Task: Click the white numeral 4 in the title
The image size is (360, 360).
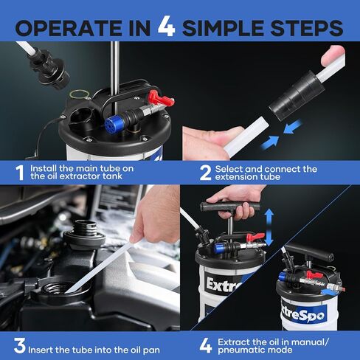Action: point(166,27)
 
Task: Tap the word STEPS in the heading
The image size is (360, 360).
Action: point(307,28)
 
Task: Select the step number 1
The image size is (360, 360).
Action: point(20,173)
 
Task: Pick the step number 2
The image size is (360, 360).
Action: point(205,173)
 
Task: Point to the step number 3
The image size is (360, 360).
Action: point(20,346)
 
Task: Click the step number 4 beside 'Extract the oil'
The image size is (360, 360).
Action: point(206,346)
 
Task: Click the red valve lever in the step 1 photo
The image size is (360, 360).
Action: point(160,98)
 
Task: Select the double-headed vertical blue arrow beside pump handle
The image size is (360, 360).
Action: point(269,227)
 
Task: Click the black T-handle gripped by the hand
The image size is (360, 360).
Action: point(229,207)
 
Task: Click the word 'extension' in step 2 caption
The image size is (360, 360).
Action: point(232,177)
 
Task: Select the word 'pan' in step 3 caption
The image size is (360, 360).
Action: point(151,350)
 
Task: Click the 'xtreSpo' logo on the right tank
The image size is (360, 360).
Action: point(304,314)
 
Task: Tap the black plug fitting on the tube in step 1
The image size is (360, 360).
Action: point(49,69)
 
